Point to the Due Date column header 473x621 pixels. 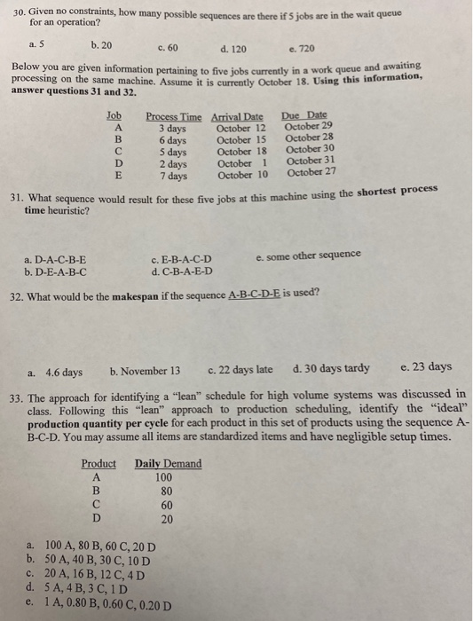tap(304, 115)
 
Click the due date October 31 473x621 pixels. tap(311, 161)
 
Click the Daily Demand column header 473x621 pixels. tap(168, 463)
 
